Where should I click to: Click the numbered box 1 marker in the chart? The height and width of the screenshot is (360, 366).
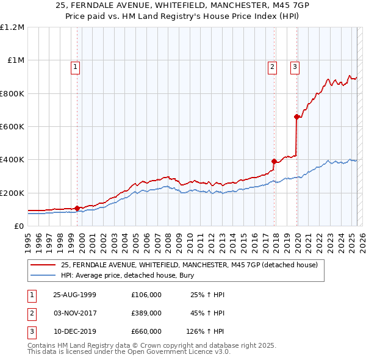point(75,68)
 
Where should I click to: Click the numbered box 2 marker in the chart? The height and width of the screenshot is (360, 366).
point(272,68)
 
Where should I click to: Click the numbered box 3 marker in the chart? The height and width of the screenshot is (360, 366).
point(295,68)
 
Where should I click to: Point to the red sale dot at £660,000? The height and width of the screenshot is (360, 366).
point(296,117)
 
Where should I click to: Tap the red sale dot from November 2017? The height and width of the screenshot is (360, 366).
point(274,162)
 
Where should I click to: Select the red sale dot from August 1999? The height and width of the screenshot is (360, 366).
point(77,208)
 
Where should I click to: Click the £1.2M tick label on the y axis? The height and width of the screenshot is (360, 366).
point(12,27)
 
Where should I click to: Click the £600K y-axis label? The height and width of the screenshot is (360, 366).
point(12,126)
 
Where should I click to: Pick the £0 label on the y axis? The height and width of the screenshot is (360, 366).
point(18,226)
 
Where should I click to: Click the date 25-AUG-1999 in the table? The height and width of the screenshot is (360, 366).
point(75,294)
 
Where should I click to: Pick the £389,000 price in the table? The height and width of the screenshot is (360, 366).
point(146,313)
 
